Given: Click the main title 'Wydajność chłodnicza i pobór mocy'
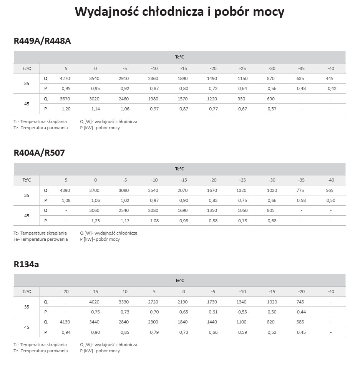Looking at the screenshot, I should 179,12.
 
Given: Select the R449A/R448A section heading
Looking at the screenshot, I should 42,41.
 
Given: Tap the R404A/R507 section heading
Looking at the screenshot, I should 39,153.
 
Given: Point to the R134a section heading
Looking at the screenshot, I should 26,264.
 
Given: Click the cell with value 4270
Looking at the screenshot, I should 65,78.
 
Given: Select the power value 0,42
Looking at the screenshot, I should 332,89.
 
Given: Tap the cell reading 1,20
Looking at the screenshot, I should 66,109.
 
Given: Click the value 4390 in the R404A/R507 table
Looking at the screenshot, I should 65,190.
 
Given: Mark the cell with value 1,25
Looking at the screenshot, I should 96,221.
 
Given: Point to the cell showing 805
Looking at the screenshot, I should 271,211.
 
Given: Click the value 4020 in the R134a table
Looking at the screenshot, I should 95,302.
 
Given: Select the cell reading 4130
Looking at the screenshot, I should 65,322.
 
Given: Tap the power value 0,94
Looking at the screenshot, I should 66,332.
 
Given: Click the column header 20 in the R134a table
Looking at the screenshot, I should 66,292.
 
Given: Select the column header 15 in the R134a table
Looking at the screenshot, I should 96,292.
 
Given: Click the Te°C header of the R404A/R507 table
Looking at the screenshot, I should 179,169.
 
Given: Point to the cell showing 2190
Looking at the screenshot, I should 183,302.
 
